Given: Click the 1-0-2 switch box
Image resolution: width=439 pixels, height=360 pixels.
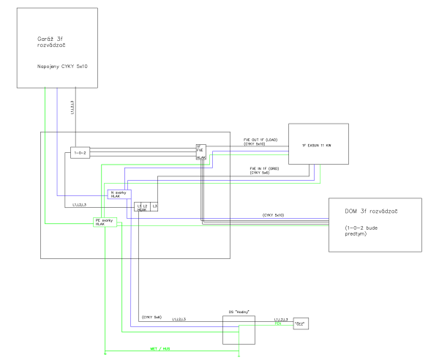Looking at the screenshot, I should coord(80,152).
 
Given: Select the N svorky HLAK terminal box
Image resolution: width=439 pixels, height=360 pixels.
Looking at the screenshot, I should coord(119,195).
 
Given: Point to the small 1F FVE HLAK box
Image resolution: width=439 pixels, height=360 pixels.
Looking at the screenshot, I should coord(200,152).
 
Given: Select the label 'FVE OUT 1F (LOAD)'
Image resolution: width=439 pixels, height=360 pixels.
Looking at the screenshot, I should coord(261,139).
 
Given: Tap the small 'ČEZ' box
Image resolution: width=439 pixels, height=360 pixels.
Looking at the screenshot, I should coord(299,323).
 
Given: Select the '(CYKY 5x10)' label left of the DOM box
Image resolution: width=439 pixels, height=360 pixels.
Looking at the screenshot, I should coord(274,215).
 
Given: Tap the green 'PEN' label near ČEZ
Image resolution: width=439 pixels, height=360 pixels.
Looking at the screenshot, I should coord(277,323).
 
